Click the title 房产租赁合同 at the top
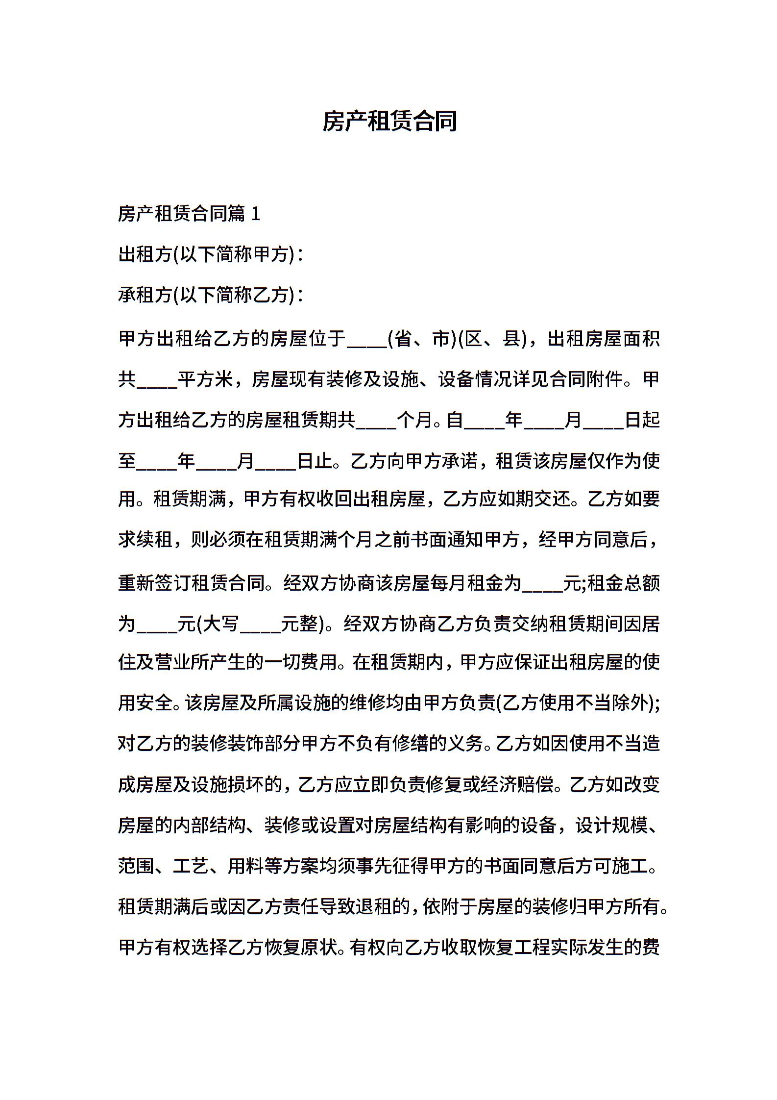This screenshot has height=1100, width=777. pyautogui.click(x=389, y=121)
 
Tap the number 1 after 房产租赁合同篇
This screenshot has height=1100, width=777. pyautogui.click(x=255, y=214)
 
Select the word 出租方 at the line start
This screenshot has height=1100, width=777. pyautogui.click(x=145, y=254)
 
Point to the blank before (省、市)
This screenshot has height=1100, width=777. pyautogui.click(x=367, y=339)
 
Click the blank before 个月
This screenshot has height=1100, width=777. pyautogui.click(x=376, y=420)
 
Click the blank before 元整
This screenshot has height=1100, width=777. pyautogui.click(x=261, y=624)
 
